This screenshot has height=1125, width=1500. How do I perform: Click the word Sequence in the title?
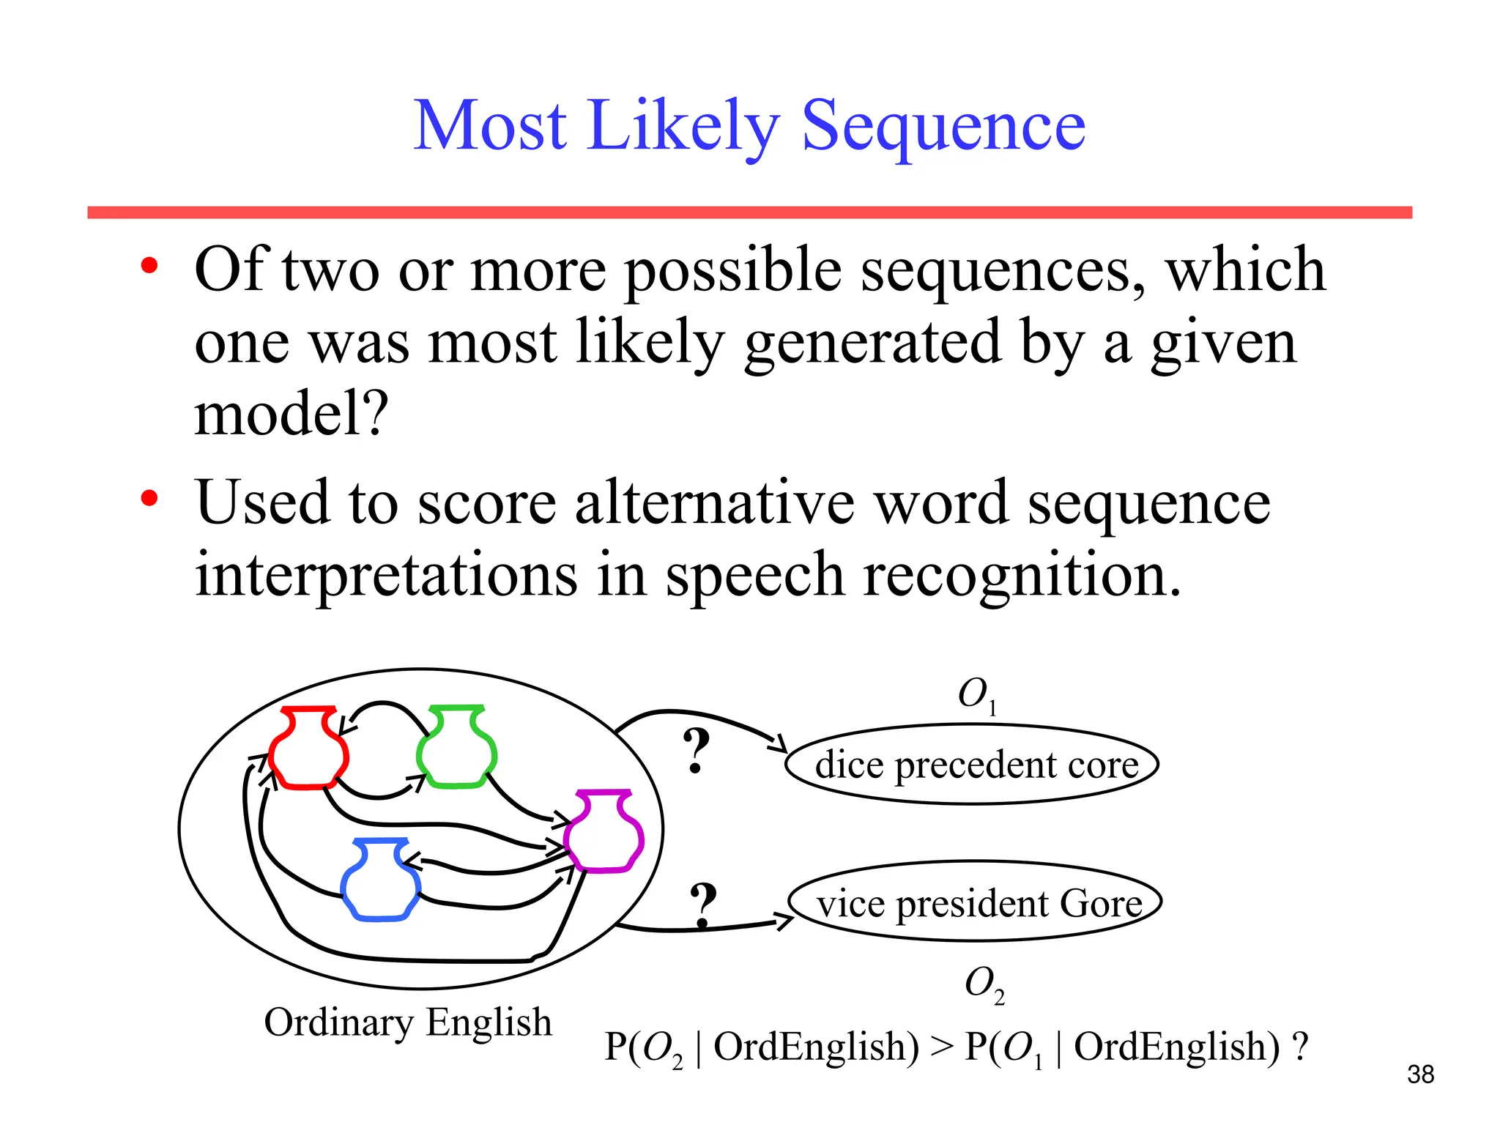tap(943, 126)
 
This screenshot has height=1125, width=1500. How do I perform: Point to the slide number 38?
tap(1420, 1074)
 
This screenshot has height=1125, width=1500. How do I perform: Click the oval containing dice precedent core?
tap(971, 764)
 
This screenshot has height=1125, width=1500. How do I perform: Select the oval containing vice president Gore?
tap(975, 902)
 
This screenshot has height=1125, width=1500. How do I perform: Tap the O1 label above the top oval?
tap(977, 694)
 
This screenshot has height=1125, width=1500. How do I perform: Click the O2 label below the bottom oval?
tap(984, 984)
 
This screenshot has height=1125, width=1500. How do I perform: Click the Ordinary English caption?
tap(407, 1022)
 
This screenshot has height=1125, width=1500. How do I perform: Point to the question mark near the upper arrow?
tap(696, 751)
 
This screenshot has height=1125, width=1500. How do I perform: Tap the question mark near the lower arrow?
tap(703, 905)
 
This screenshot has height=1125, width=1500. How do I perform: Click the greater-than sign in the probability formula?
tap(942, 1046)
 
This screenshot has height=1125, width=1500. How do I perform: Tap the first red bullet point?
tap(149, 267)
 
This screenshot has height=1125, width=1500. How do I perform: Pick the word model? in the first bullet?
tap(291, 414)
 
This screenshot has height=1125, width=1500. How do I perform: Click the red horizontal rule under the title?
tap(749, 212)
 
